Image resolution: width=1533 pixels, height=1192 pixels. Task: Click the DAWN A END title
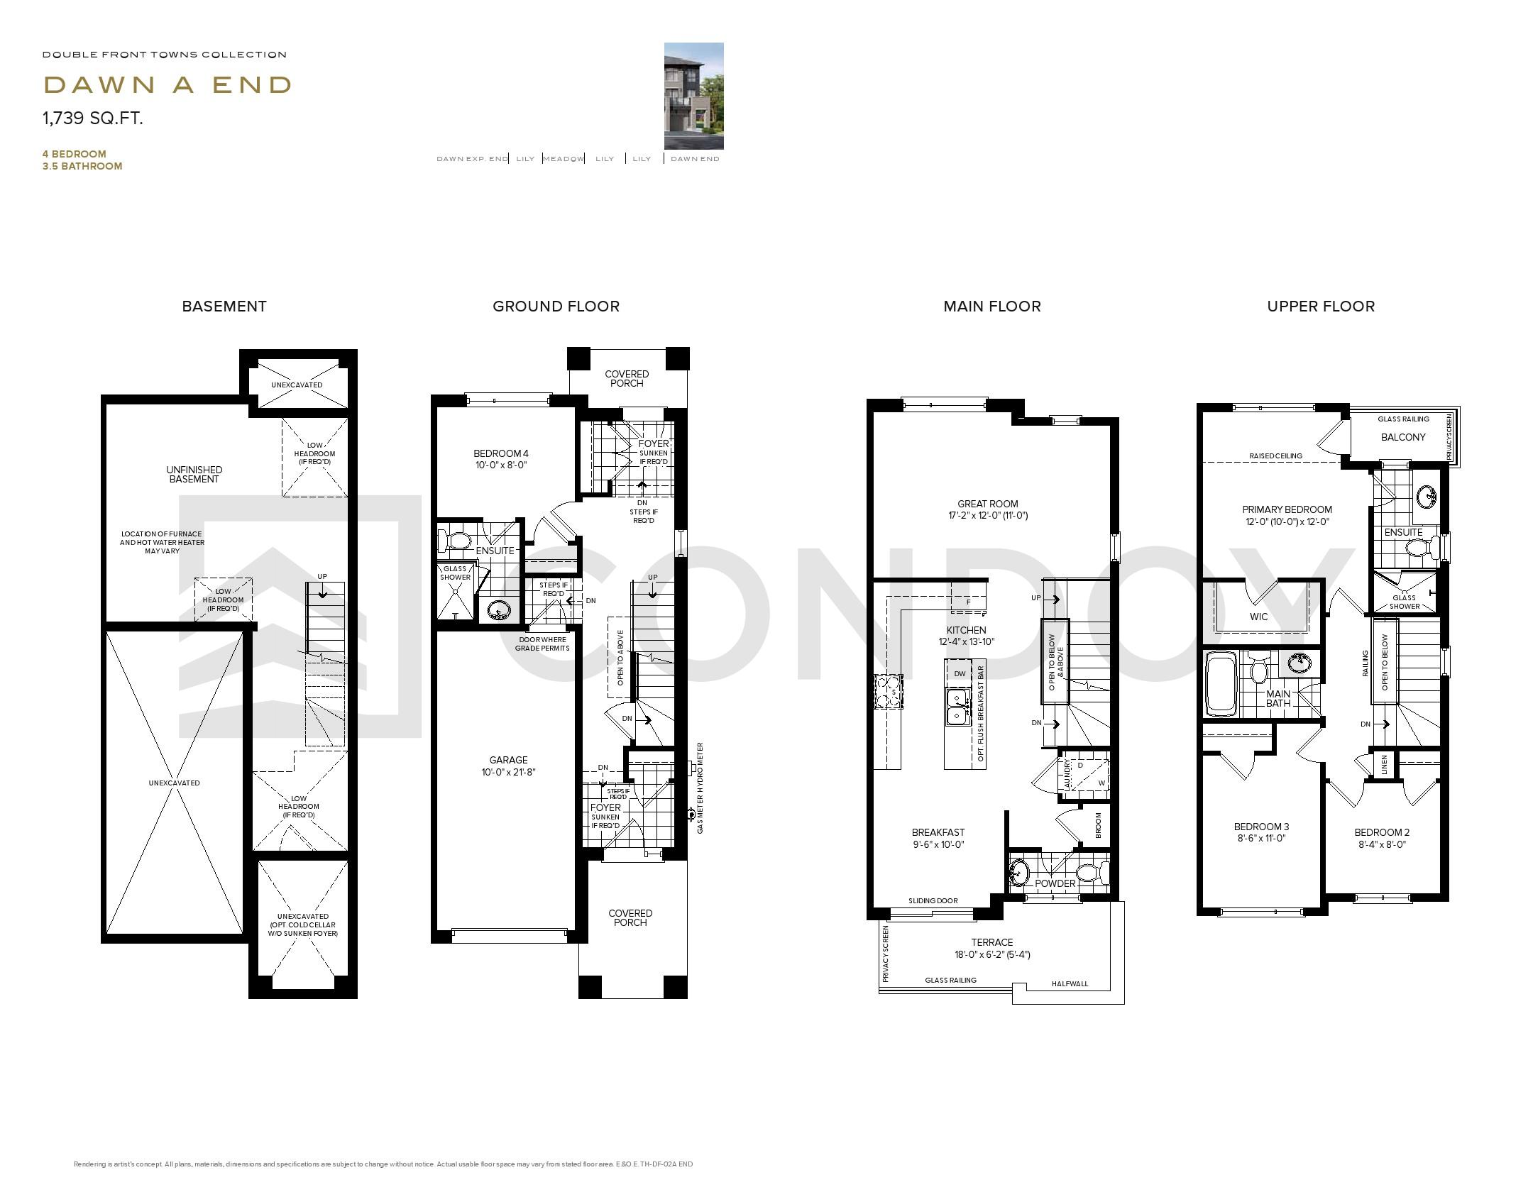pyautogui.click(x=167, y=85)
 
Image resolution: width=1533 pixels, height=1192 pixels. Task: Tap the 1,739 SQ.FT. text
pyautogui.click(x=93, y=118)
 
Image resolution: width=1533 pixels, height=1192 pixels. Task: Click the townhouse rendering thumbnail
pyautogui.click(x=693, y=96)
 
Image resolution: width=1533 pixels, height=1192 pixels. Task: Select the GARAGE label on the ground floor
pyautogui.click(x=508, y=760)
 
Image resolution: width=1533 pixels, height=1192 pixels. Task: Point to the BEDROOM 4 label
pyautogui.click(x=501, y=453)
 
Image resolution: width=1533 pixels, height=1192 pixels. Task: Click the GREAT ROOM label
pyautogui.click(x=987, y=504)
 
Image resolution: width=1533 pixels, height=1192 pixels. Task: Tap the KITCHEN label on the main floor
pyautogui.click(x=966, y=630)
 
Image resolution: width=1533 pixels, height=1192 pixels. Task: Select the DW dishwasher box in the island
pyautogui.click(x=960, y=674)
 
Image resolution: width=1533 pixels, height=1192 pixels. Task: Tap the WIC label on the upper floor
pyautogui.click(x=1258, y=617)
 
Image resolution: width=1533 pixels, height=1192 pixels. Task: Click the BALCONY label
pyautogui.click(x=1402, y=437)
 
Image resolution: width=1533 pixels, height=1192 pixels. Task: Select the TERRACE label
pyautogui.click(x=992, y=942)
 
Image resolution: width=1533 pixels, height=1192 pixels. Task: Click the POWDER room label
pyautogui.click(x=1055, y=883)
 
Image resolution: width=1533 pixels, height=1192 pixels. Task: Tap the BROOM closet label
pyautogui.click(x=1098, y=824)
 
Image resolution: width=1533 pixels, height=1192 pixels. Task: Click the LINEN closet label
pyautogui.click(x=1384, y=765)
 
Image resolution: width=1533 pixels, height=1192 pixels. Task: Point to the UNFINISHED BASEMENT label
pyautogui.click(x=194, y=474)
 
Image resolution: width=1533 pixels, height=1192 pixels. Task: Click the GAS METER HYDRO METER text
pyautogui.click(x=700, y=788)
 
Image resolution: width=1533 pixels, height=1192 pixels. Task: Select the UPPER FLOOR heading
pyautogui.click(x=1320, y=307)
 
